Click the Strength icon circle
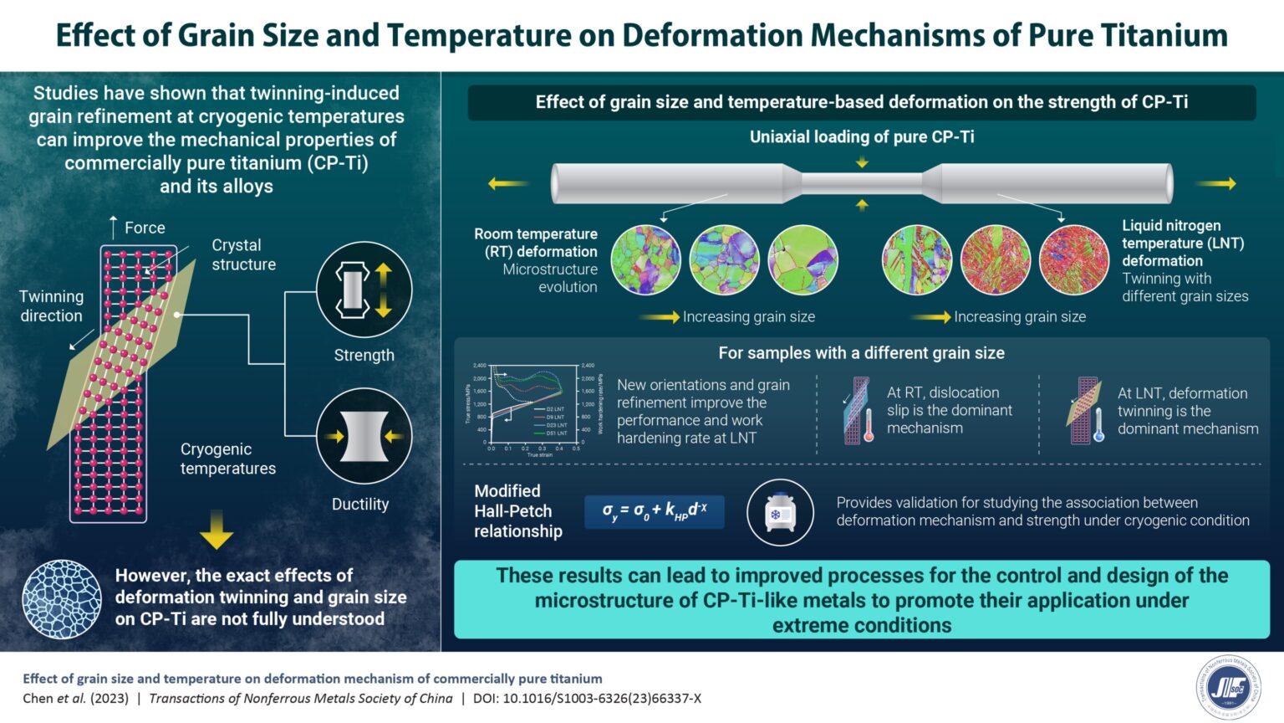[x=364, y=290]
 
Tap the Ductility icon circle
[x=364, y=436]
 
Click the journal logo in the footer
[x=1228, y=688]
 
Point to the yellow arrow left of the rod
[x=507, y=183]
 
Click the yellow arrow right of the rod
[x=1220, y=183]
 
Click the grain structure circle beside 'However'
[x=62, y=598]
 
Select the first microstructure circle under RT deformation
[x=646, y=259]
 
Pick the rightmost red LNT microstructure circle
[x=1073, y=259]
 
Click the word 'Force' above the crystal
[x=145, y=228]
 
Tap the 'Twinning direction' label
[x=52, y=306]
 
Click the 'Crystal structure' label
[x=243, y=254]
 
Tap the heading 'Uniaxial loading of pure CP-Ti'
[x=862, y=136]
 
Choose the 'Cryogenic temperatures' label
[x=227, y=459]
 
